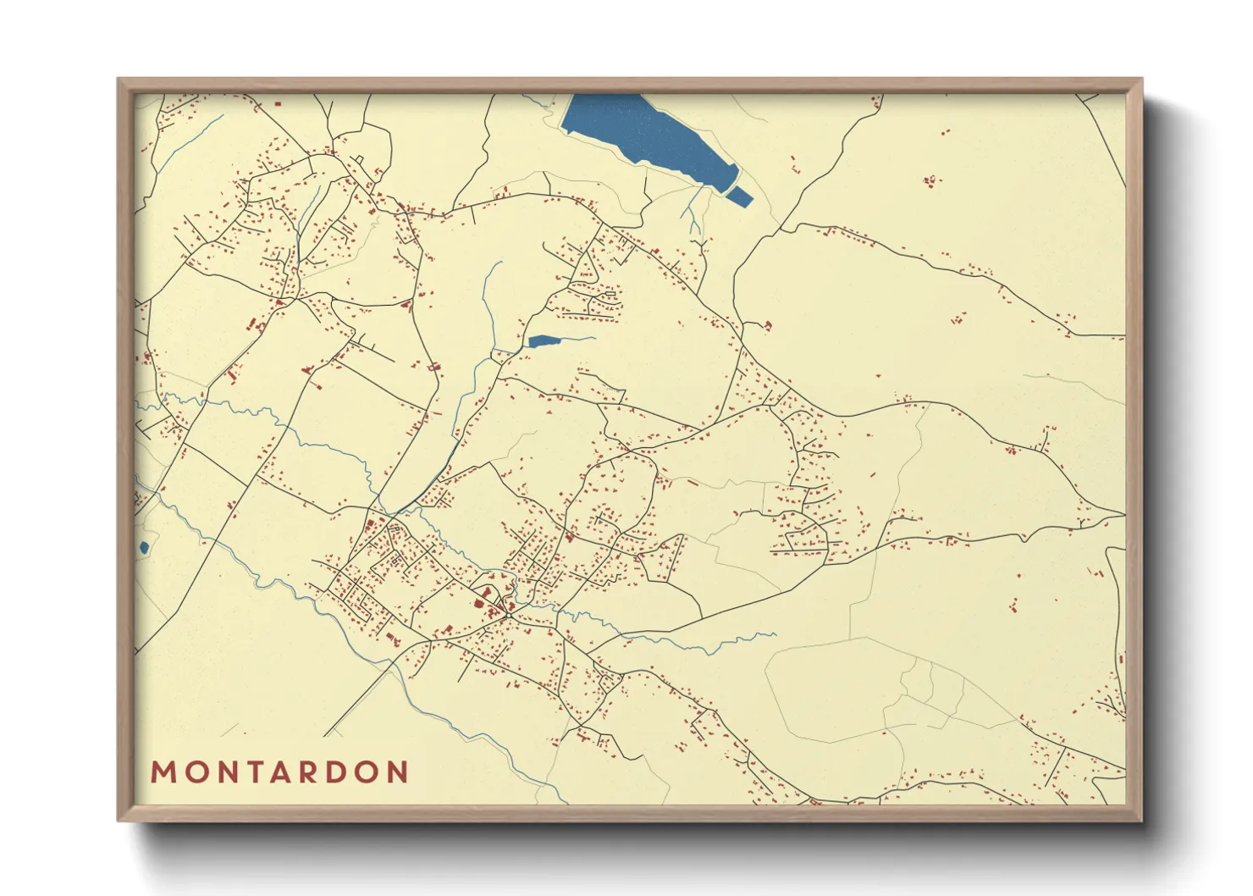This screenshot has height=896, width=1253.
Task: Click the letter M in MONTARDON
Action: point(163,772)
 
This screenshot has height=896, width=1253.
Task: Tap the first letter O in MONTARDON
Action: point(193,772)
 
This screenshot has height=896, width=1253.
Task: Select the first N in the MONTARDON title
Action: point(224,772)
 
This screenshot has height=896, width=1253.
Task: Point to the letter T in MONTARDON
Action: point(251,772)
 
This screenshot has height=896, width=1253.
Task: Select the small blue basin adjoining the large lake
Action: point(739,196)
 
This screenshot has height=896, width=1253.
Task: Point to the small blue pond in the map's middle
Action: point(543,341)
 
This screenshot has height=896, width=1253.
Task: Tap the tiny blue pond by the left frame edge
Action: point(144,547)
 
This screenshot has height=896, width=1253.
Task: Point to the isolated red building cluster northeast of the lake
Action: point(931,180)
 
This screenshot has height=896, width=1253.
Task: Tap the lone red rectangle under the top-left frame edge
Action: point(278,103)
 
